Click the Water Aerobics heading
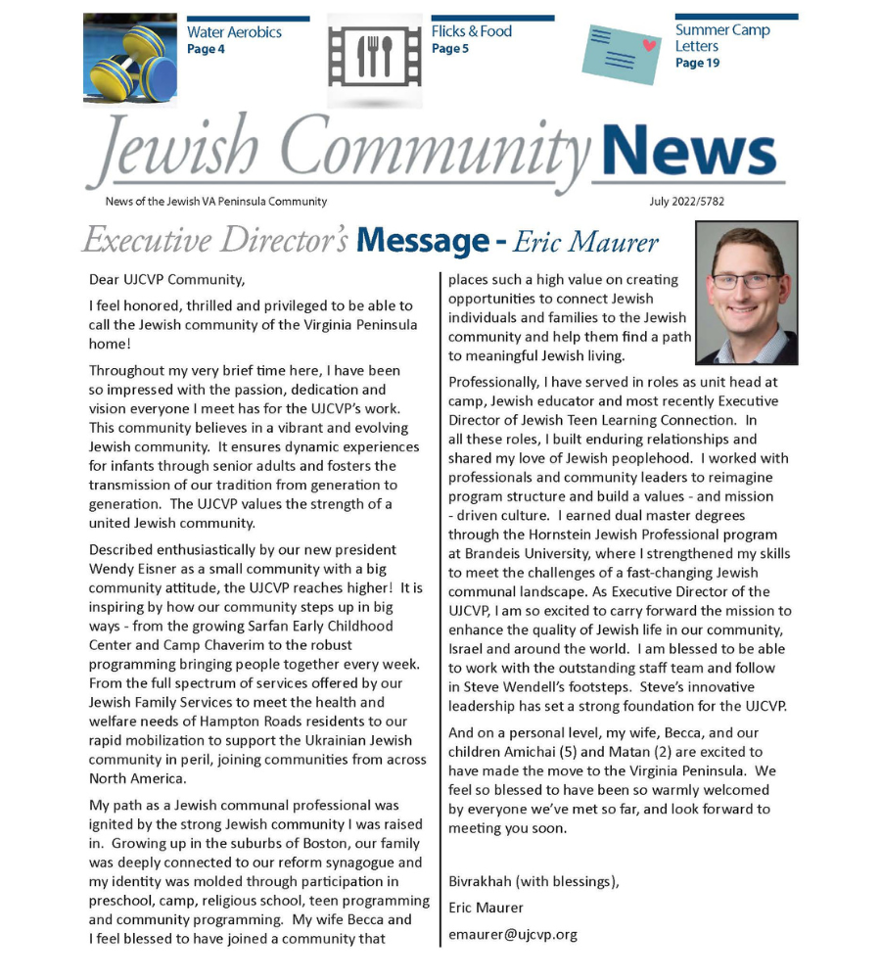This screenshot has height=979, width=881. click(x=234, y=32)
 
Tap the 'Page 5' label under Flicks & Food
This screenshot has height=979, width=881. click(x=449, y=49)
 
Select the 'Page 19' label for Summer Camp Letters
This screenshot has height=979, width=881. click(x=697, y=64)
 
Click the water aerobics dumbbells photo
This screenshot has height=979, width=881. click(x=130, y=60)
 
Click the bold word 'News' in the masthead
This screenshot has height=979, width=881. click(x=689, y=152)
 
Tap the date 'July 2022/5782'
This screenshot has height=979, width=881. click(x=686, y=202)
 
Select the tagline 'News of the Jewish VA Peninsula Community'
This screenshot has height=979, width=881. click(x=216, y=202)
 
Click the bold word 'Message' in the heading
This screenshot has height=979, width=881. click(x=422, y=241)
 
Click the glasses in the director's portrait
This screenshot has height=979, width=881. click(x=747, y=281)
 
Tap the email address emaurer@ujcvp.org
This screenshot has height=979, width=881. click(x=512, y=934)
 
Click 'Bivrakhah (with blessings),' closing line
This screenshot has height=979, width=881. click(x=533, y=881)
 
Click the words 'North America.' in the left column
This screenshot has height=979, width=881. click(x=136, y=778)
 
